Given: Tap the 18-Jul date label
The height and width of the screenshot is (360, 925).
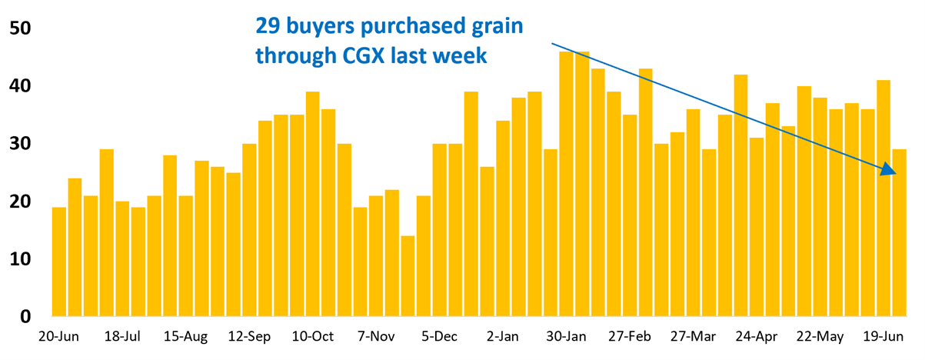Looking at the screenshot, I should [122, 336].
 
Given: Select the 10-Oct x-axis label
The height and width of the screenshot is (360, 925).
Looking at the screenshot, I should [313, 336].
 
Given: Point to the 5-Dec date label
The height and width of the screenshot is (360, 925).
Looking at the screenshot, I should [440, 336].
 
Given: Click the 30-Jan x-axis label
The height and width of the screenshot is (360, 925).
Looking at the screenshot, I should [567, 336].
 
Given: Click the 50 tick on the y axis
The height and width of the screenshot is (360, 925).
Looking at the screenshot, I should [20, 28].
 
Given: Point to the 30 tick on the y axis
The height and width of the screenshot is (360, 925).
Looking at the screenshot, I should [20, 144].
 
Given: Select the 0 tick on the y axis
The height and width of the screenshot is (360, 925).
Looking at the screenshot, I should [25, 316].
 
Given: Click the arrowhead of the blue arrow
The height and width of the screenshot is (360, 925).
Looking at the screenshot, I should [889, 171].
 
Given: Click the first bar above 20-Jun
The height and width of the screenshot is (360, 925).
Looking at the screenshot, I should [59, 262].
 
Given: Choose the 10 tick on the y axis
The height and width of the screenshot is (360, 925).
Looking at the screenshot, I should [20, 259].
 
